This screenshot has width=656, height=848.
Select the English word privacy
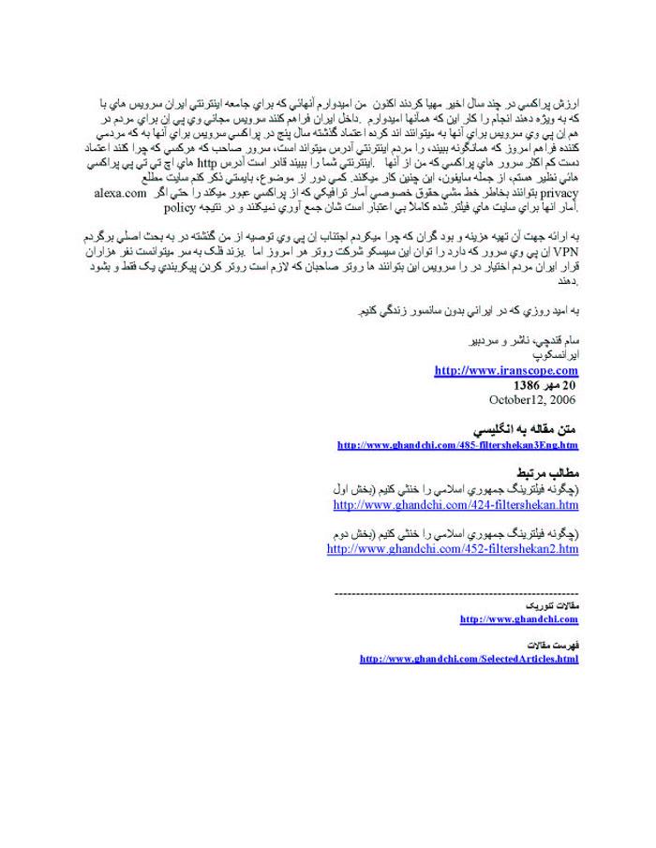point(98,193)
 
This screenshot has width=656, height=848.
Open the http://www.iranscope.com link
point(506,371)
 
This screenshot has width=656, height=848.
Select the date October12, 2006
point(533,399)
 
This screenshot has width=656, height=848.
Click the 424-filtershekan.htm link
point(455,505)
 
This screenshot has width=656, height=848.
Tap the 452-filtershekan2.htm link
point(453,549)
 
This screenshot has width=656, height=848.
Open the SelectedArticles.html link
point(469,660)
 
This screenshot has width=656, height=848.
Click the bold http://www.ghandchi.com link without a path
point(519,619)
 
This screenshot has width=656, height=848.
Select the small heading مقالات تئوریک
point(556,606)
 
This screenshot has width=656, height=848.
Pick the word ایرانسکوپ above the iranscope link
point(553,357)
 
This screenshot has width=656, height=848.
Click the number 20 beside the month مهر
point(569,385)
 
